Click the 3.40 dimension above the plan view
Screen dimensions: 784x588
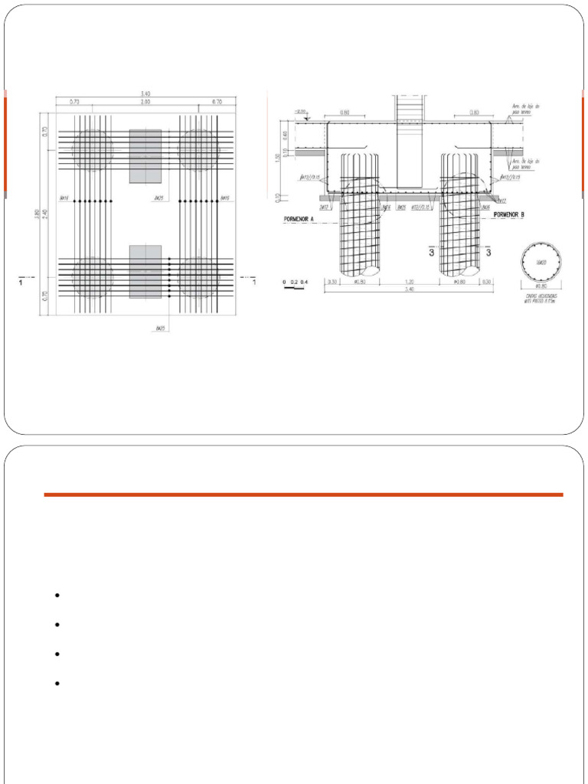145,94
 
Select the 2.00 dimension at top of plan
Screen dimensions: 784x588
145,102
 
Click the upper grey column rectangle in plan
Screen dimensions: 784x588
145,156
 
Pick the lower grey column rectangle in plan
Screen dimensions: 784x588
145,271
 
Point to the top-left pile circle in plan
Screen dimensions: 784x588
93,149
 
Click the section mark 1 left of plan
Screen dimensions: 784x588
21,283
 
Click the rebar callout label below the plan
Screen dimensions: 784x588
161,329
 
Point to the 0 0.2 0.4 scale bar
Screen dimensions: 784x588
294,283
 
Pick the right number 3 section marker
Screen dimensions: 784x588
488,252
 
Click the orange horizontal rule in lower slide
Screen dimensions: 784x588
303,495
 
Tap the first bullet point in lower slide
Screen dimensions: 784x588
57,596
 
